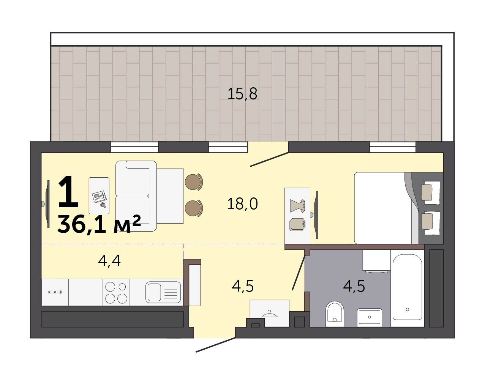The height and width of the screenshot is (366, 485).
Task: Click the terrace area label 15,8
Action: coord(242,94)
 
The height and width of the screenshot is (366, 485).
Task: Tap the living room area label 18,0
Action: coord(242,204)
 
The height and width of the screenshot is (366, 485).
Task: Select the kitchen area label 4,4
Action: coord(109,261)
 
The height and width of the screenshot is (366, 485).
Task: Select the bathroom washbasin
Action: coord(370,317)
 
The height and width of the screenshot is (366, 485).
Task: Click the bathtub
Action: coord(407,287)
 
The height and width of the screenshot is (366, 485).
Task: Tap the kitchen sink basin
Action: coord(154,292)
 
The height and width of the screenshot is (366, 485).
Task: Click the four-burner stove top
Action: coord(116,292)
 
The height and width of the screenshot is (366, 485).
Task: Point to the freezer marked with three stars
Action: coord(55,292)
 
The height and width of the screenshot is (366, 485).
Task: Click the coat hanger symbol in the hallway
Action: coord(269,314)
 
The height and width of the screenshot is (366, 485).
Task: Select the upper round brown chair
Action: coord(194,182)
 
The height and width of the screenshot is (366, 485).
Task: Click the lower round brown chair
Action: coord(194,208)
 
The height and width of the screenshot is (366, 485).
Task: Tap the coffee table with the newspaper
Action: coord(99,196)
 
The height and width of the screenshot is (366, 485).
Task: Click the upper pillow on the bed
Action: coord(430,191)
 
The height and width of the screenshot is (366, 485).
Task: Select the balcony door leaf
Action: coord(269,159)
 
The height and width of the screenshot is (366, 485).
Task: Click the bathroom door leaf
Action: coord(299,273)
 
